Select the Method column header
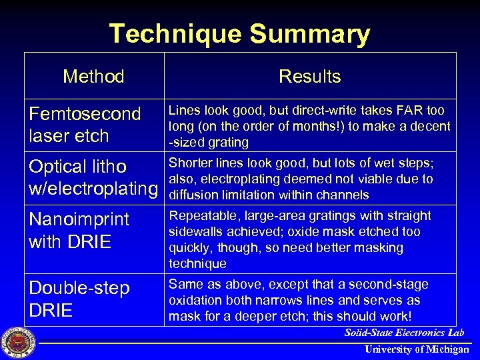93,77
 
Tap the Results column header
309,77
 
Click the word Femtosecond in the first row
85,114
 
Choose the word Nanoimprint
79,219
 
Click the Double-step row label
79,289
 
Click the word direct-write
318,110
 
